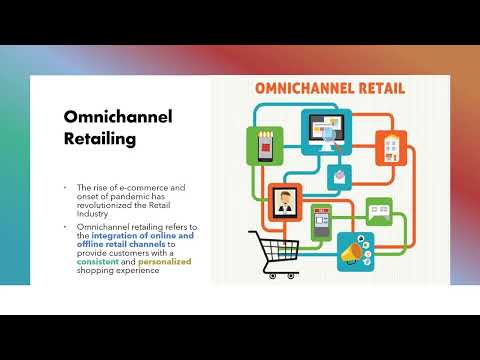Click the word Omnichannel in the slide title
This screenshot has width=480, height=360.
pos(118,118)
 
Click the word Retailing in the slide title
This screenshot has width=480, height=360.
pos(100,139)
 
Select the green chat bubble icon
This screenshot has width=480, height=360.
pos(379,210)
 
